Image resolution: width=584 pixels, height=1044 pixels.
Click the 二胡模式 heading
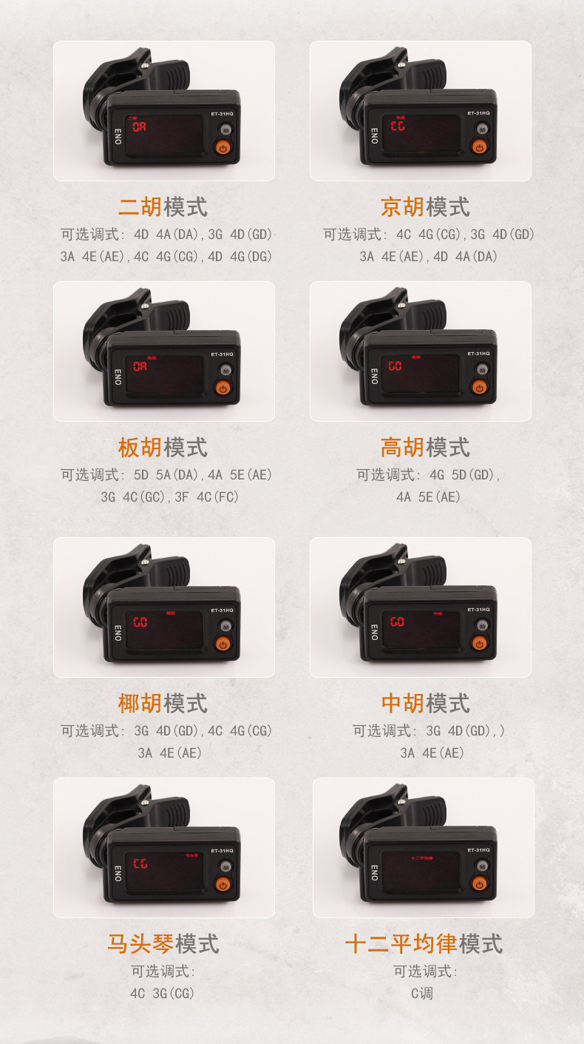pos(163,207)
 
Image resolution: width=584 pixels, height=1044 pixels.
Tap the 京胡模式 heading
pos(425,207)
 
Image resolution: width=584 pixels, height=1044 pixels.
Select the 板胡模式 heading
pos(163,448)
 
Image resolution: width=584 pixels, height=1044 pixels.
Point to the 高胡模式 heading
pos(425,448)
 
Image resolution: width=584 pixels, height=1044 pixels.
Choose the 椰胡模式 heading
pos(163,703)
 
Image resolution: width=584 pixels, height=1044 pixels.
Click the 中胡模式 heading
pos(425,703)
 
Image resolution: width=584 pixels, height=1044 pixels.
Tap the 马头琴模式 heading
pos(163,944)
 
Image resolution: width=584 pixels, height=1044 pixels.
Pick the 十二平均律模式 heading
pos(424,944)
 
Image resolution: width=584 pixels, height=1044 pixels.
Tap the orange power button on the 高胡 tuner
pos(480,387)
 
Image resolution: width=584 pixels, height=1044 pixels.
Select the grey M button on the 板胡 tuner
pos(225,370)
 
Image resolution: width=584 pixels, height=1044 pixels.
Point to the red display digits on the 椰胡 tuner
pos(140,622)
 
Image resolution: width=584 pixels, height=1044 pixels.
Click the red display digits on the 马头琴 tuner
pos(140,863)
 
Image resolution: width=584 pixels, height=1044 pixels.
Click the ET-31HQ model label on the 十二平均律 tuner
pos(478,850)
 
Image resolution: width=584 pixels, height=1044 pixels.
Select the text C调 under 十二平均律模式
pos(422,994)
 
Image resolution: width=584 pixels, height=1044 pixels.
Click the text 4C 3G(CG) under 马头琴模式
pos(163,994)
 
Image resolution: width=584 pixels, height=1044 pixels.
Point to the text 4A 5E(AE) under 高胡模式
pos(428,497)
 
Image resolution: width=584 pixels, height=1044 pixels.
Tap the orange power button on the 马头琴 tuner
pos(223,884)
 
